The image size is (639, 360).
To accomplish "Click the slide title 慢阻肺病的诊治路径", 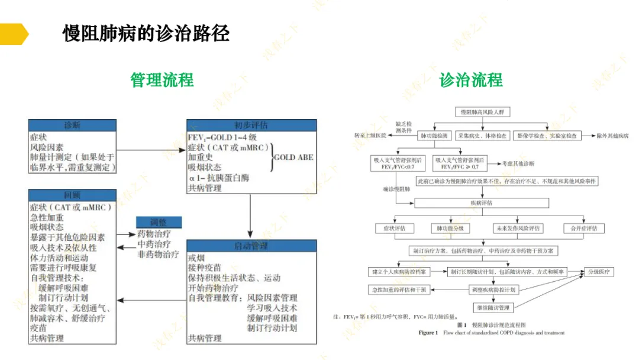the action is pyautogui.click(x=146, y=33).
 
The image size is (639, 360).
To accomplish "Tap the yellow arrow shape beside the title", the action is pyautogui.click(x=13, y=34).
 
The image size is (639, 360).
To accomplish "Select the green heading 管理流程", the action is pyautogui.click(x=162, y=80).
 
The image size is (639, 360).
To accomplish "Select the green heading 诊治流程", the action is pyautogui.click(x=471, y=80).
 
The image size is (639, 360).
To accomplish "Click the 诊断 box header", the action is pyautogui.click(x=72, y=126).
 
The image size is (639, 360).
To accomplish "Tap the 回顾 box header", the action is pyautogui.click(x=72, y=195).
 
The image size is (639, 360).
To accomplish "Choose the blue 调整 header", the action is pyautogui.click(x=158, y=223).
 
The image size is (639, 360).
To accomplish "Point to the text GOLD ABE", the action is pyautogui.click(x=293, y=157).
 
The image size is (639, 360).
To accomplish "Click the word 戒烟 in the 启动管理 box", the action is pyautogui.click(x=196, y=258).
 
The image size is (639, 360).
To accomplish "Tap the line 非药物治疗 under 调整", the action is pyautogui.click(x=157, y=255).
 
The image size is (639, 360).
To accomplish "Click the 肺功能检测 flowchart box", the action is pyautogui.click(x=435, y=136).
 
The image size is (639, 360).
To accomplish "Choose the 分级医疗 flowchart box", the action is pyautogui.click(x=599, y=272).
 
